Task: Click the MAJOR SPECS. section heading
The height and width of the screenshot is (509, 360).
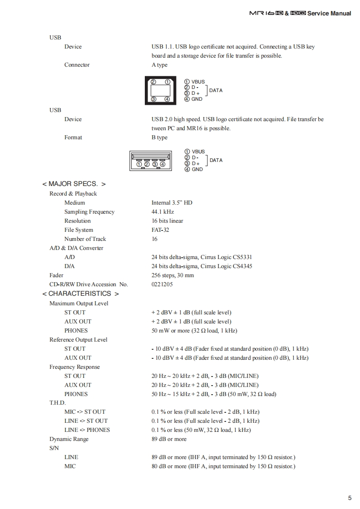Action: click(x=74, y=184)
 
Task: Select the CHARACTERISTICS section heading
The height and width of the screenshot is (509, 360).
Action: click(x=80, y=294)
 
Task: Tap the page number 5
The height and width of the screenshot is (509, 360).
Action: click(x=350, y=498)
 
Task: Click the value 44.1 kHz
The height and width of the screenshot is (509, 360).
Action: click(x=163, y=212)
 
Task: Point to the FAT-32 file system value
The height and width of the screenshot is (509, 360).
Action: click(x=160, y=230)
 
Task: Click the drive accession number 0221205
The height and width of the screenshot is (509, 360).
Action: click(x=162, y=284)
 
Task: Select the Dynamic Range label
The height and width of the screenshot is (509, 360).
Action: click(x=69, y=439)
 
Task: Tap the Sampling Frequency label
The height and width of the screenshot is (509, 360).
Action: click(x=89, y=212)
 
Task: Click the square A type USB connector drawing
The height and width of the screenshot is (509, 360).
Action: click(x=160, y=91)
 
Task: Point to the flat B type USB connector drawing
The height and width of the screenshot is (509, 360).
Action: click(x=151, y=161)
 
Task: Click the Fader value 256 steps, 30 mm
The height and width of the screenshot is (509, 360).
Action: click(x=173, y=275)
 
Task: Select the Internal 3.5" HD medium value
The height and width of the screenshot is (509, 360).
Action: click(x=172, y=203)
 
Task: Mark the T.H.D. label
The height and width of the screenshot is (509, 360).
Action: click(x=58, y=403)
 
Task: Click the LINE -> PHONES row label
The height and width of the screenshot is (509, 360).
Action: click(x=87, y=430)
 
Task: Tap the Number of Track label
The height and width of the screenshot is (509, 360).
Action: click(x=85, y=239)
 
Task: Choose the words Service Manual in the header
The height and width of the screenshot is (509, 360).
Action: click(x=329, y=13)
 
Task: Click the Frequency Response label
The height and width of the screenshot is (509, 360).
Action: click(x=74, y=367)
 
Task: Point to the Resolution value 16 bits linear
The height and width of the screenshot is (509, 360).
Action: click(x=168, y=221)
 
